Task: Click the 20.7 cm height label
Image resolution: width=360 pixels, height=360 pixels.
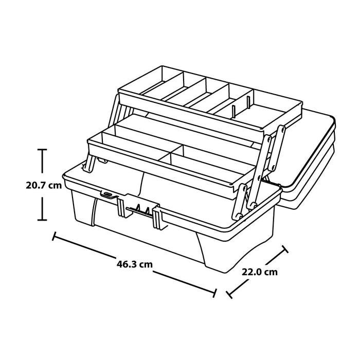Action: coord(44,185)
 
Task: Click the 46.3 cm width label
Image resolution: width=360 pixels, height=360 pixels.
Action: coord(135,264)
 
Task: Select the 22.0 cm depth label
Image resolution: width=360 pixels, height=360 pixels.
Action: coord(259,272)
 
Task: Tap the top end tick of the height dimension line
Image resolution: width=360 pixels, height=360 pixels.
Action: coord(42,150)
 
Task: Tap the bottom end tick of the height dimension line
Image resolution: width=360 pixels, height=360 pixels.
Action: coord(42,220)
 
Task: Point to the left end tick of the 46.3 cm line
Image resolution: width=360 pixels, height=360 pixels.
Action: coord(54,236)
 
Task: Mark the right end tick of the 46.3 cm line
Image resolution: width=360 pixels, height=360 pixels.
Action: coord(214,293)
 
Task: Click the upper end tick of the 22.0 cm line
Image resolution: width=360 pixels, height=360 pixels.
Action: coord(285,249)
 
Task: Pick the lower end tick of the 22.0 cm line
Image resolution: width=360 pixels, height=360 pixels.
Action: coord(229,295)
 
